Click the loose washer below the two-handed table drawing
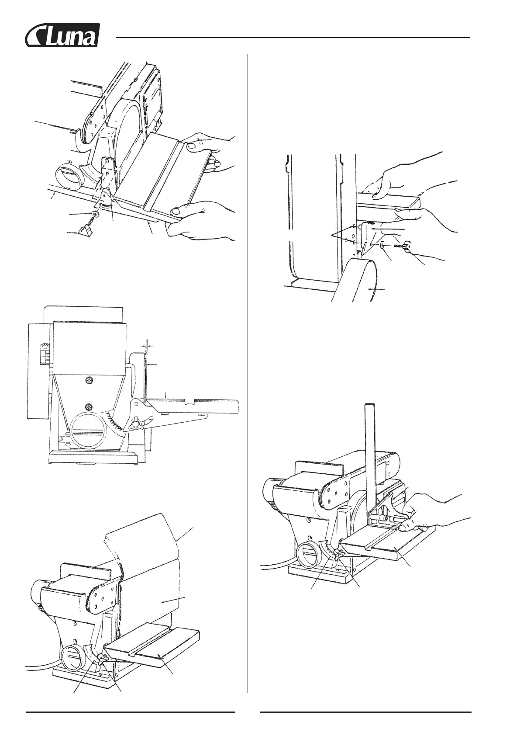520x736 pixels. (95, 214)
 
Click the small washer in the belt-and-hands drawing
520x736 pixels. (382, 246)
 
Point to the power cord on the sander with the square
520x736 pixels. (275, 566)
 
